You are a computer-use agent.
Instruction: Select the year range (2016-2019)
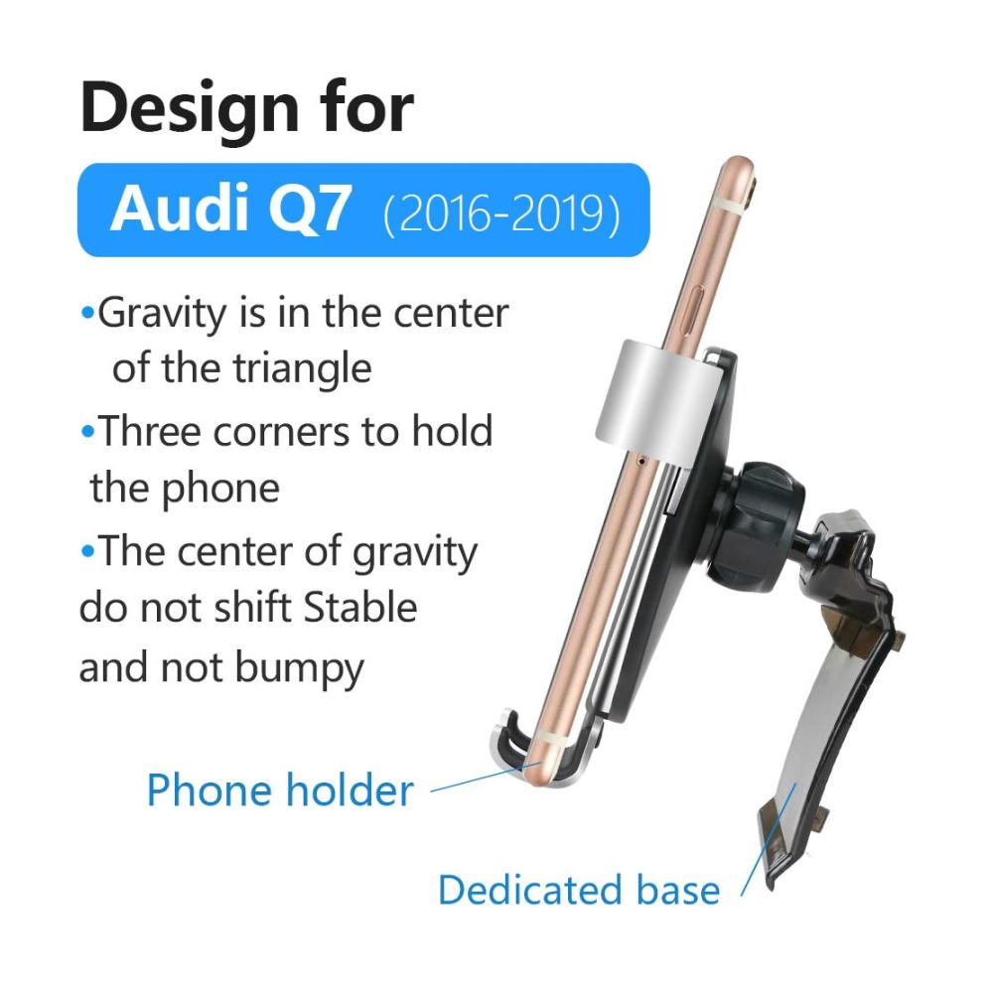coord(501,213)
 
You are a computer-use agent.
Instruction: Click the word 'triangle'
coord(303,368)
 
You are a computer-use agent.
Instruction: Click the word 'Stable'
coord(360,608)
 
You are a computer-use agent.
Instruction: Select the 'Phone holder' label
coord(280,791)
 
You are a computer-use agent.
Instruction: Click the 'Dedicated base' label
coord(579,891)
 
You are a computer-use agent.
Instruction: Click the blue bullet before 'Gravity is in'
coord(88,313)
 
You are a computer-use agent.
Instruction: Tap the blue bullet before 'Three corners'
coord(88,432)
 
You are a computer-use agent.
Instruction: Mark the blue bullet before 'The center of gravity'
coord(88,551)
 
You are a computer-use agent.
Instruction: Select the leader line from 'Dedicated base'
coord(769,840)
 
